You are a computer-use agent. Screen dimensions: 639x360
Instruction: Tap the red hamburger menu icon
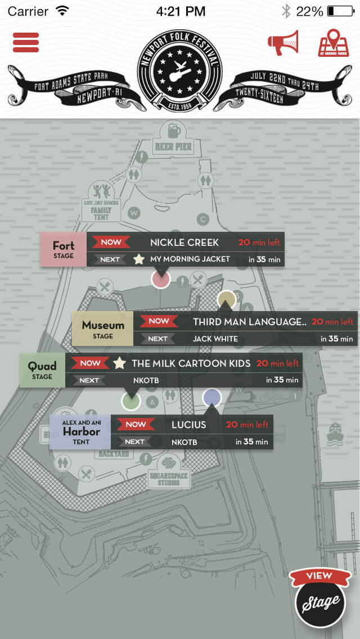[x=26, y=42]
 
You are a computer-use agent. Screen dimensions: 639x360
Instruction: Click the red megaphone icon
[x=283, y=43]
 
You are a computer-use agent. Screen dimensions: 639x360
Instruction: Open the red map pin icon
[x=334, y=43]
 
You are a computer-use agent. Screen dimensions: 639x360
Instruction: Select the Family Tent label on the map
[x=101, y=213]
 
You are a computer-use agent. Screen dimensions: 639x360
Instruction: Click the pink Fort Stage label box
[x=63, y=249]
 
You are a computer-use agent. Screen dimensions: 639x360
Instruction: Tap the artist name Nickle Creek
[x=184, y=242]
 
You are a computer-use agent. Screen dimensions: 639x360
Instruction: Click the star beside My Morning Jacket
[x=139, y=259]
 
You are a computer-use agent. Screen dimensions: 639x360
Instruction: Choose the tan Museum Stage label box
[x=103, y=329]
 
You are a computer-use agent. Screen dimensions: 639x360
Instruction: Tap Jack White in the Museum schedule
[x=215, y=339]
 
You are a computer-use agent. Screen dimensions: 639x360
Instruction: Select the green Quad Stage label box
[x=42, y=370]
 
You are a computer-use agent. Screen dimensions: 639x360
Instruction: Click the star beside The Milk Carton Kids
[x=119, y=363]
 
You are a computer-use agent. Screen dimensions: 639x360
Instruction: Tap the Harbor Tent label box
[x=80, y=431]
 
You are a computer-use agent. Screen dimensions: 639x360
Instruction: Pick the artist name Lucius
[x=189, y=425]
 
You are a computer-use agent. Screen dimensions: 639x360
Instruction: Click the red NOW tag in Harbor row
[x=136, y=425]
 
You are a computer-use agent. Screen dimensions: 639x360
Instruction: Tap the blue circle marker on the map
[x=212, y=398]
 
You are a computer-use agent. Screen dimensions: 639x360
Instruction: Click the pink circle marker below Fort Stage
[x=161, y=279]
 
